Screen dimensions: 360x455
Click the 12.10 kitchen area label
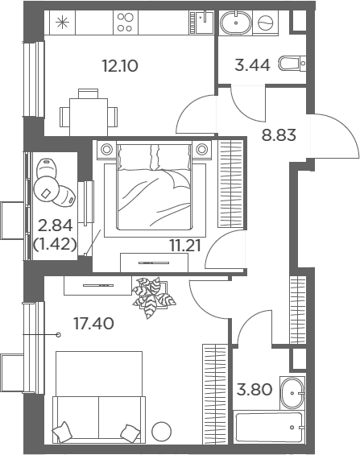point(120,66)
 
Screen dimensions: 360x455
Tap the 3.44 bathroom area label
point(252,64)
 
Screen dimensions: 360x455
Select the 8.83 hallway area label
point(279,135)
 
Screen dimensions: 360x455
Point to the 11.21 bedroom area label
point(185,246)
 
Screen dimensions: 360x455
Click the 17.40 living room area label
point(93,324)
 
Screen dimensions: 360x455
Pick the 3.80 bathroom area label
point(254,390)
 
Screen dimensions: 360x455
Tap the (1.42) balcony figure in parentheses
point(55,245)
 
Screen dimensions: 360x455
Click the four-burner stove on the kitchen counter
point(126,23)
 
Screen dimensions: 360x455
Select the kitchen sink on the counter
point(205,23)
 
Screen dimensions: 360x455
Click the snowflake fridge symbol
point(62,23)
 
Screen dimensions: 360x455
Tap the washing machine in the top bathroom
point(266,23)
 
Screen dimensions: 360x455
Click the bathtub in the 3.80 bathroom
point(269,427)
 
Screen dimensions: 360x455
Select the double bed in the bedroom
point(155,186)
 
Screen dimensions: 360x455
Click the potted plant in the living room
point(153,297)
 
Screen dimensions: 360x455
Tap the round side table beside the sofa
point(162,432)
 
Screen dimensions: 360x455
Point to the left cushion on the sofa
point(62,432)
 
